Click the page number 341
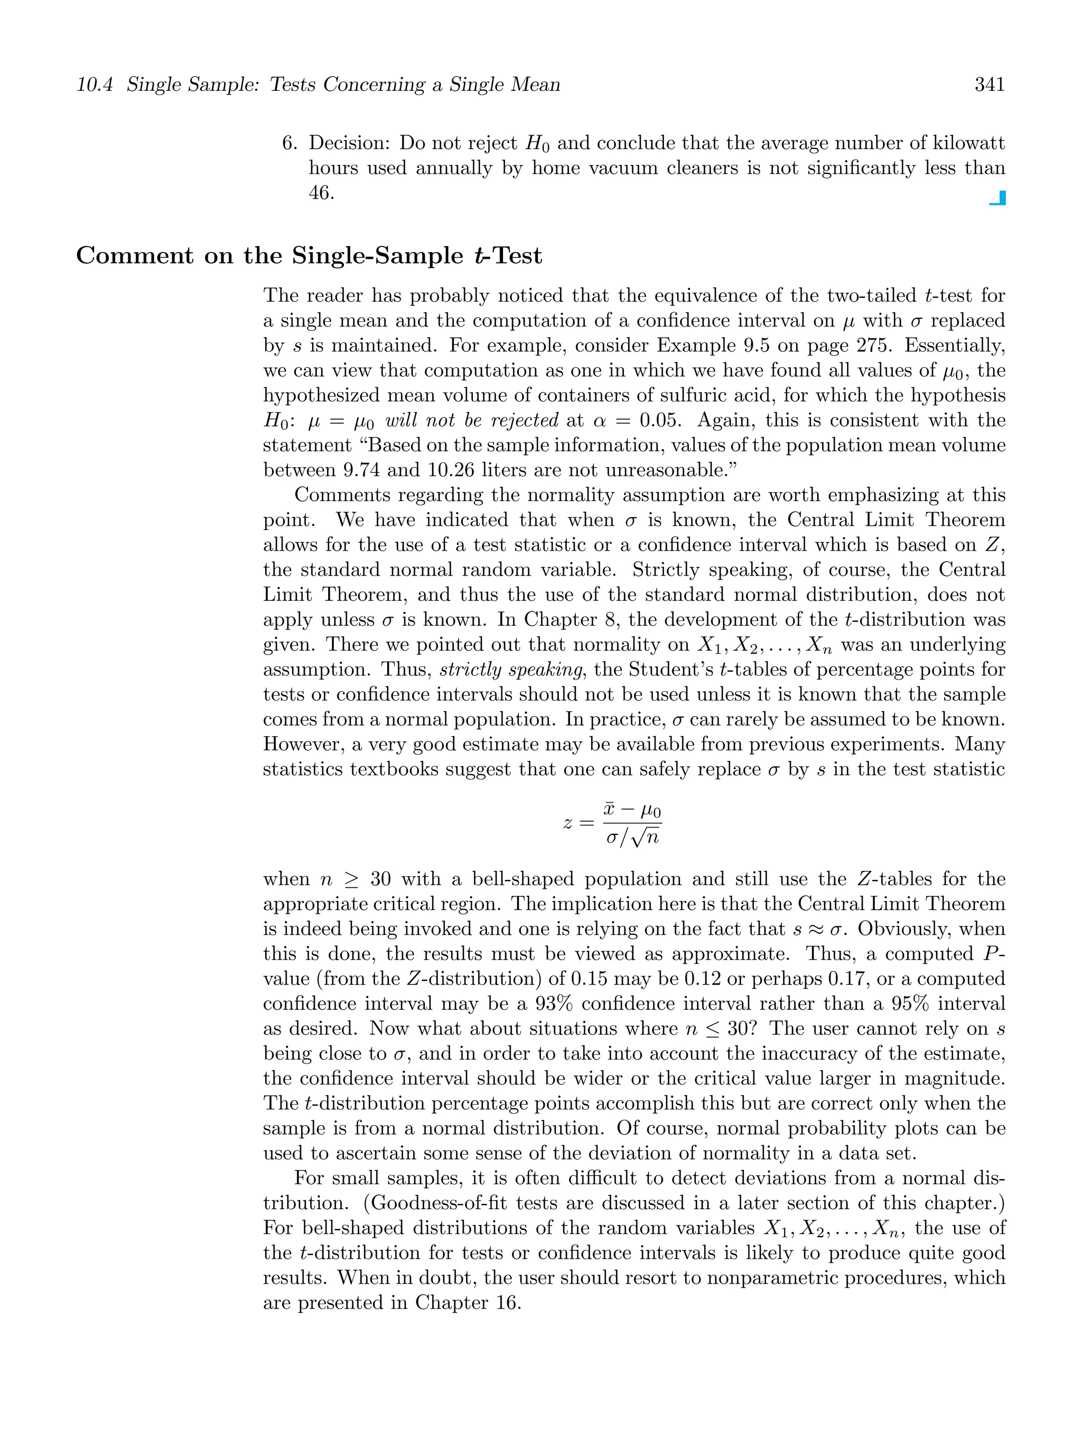[989, 85]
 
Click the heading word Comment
[134, 256]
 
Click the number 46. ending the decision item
[321, 193]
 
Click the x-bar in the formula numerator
[610, 810]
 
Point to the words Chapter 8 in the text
[569, 620]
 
